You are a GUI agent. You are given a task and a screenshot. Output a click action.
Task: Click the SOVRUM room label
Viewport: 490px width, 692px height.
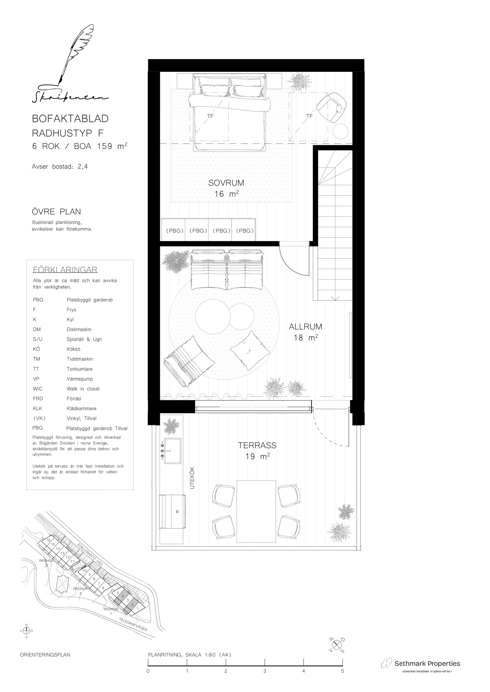[x=226, y=183]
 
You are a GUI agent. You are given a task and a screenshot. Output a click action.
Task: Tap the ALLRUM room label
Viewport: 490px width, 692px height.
[x=305, y=327]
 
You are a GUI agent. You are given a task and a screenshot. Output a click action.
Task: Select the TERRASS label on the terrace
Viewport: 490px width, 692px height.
[x=257, y=445]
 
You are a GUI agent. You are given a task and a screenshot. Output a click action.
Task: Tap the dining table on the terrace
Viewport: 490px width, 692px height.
[x=256, y=511]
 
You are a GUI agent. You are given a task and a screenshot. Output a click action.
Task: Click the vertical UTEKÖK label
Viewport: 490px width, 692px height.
[x=192, y=478]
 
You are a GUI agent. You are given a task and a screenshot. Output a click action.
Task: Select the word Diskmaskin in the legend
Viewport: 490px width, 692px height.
[x=79, y=330]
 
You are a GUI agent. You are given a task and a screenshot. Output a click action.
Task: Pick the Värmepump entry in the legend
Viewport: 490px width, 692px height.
[x=80, y=379]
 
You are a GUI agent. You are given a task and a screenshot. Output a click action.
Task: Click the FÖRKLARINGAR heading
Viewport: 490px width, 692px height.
[x=65, y=270]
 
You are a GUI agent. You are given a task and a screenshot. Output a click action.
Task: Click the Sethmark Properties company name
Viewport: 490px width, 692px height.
[x=427, y=663]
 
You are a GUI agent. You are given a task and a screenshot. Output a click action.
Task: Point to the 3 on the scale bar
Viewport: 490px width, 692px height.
[x=265, y=671]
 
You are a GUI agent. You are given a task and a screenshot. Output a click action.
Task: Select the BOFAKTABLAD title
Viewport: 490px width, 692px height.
[x=70, y=119]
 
